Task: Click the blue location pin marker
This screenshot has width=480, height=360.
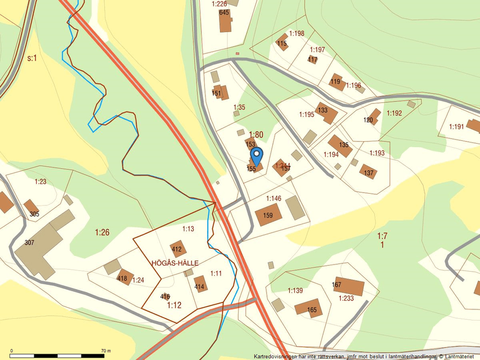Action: click(x=256, y=156)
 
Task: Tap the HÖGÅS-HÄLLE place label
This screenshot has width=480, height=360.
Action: click(x=175, y=263)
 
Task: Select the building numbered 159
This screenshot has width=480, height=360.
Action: click(x=268, y=215)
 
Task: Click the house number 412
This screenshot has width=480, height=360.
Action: click(x=177, y=249)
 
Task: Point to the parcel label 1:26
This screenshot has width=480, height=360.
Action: click(x=102, y=233)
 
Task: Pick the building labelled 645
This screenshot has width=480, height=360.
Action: click(x=225, y=21)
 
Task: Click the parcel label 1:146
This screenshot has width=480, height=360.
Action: click(x=273, y=199)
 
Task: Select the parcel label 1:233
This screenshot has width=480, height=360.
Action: click(x=346, y=298)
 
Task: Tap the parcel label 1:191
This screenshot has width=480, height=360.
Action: click(x=457, y=127)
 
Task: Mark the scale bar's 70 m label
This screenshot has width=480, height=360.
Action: click(x=105, y=351)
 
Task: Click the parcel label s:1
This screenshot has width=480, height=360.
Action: click(x=32, y=58)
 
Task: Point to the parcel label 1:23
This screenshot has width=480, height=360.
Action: click(x=40, y=182)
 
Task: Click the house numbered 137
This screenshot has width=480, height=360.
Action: click(x=368, y=172)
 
